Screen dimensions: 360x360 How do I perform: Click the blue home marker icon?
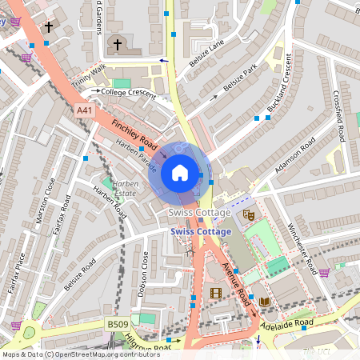coord(180,173)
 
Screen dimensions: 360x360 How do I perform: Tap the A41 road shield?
coord(84,109)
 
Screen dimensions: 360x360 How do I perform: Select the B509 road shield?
coord(118,325)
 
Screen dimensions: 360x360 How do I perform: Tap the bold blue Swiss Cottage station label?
coord(200,231)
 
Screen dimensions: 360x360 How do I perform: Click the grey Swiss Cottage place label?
coord(200,213)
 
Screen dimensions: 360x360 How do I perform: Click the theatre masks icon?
coord(249,214)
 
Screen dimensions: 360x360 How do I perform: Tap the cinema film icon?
coord(215,293)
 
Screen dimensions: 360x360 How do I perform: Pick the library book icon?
coord(265,301)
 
